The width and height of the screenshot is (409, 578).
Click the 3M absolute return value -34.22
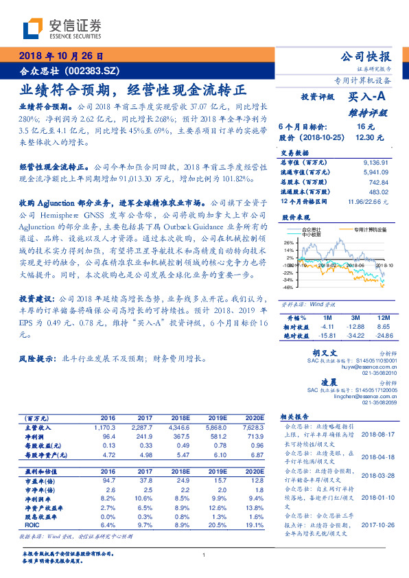356,336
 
